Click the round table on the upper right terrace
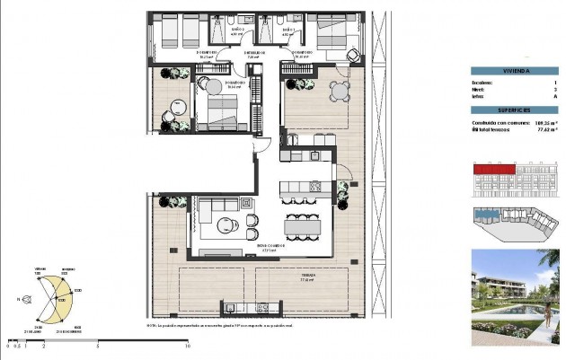[x=338, y=90]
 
